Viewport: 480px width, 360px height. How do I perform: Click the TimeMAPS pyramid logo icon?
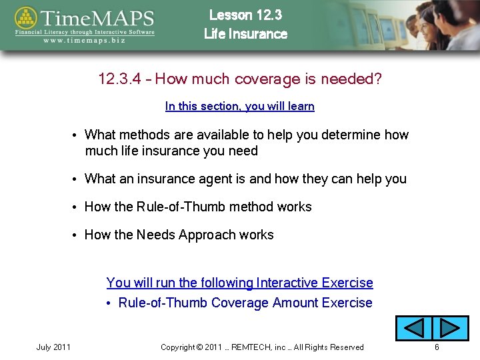click(x=26, y=19)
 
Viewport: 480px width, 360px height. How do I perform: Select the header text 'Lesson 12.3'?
click(x=245, y=15)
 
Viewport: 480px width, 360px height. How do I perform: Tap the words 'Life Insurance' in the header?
click(x=245, y=34)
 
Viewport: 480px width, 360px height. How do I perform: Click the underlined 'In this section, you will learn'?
click(x=239, y=106)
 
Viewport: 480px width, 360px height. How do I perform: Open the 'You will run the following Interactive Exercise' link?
click(x=239, y=283)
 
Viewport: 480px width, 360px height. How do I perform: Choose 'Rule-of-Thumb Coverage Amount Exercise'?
click(x=245, y=303)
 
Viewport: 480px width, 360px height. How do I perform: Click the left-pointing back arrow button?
click(x=413, y=328)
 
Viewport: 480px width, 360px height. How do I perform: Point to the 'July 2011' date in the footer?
click(x=53, y=347)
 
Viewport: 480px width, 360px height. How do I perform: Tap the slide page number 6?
click(x=437, y=347)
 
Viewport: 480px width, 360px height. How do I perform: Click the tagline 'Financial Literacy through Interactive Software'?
click(x=85, y=31)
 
